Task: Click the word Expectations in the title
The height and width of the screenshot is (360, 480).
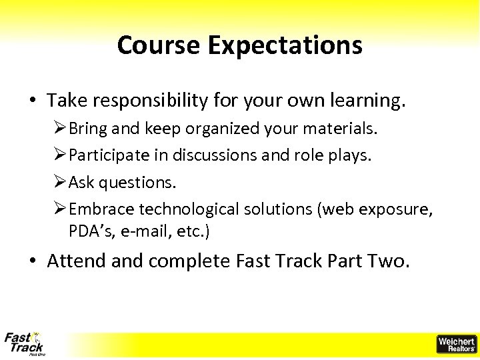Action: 285,45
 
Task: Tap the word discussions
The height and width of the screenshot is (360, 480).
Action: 215,155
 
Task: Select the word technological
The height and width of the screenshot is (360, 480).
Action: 189,209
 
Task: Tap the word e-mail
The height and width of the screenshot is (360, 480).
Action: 138,232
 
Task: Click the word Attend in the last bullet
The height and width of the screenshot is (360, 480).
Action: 77,261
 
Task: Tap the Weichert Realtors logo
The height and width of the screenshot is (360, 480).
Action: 456,344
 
